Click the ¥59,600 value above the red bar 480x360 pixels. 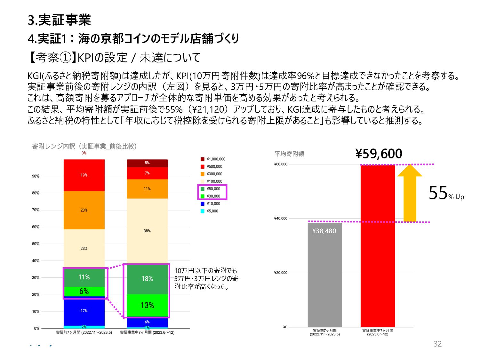[x=379, y=154]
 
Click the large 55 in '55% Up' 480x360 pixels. [x=438, y=193]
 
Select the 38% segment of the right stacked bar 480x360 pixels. [x=147, y=231]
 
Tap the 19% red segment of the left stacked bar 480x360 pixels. [x=84, y=175]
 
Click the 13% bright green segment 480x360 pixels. [x=147, y=305]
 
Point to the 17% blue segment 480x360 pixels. [x=84, y=311]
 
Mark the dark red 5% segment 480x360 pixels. [x=147, y=163]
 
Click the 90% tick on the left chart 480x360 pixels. [x=36, y=176]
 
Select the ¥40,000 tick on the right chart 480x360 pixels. [x=281, y=219]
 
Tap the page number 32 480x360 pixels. [x=437, y=344]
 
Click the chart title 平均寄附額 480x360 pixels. [x=289, y=154]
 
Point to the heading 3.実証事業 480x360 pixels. [x=60, y=20]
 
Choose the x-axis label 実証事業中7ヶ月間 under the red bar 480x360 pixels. [x=378, y=332]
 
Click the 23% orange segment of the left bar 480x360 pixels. [x=84, y=210]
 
